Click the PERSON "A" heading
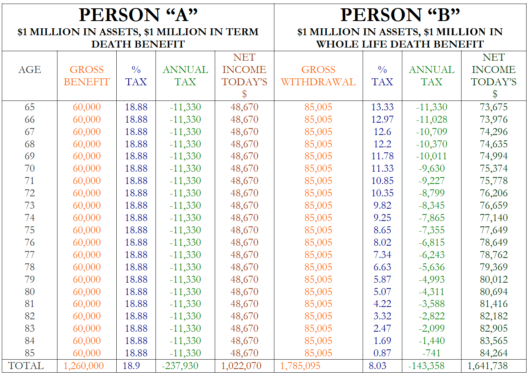pyautogui.click(x=138, y=15)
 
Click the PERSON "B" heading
pyautogui.click(x=400, y=15)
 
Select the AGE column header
pyautogui.click(x=29, y=70)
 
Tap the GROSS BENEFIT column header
pyautogui.click(x=86, y=76)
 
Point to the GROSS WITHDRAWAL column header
pyautogui.click(x=318, y=76)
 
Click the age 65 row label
pyautogui.click(x=29, y=107)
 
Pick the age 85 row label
pyautogui.click(x=29, y=353)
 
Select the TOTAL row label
pyautogui.click(x=26, y=366)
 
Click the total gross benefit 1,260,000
pyautogui.click(x=84, y=366)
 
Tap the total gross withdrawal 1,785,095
pyautogui.click(x=300, y=366)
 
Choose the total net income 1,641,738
pyautogui.click(x=487, y=366)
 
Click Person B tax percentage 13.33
pyautogui.click(x=382, y=107)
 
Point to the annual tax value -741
pyautogui.click(x=431, y=353)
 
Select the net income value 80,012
pyautogui.click(x=493, y=279)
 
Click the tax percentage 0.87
pyautogui.click(x=382, y=353)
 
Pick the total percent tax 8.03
pyautogui.click(x=377, y=366)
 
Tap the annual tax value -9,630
pyautogui.click(x=431, y=168)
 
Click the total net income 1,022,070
pyautogui.click(x=241, y=366)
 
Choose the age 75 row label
pyautogui.click(x=29, y=230)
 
